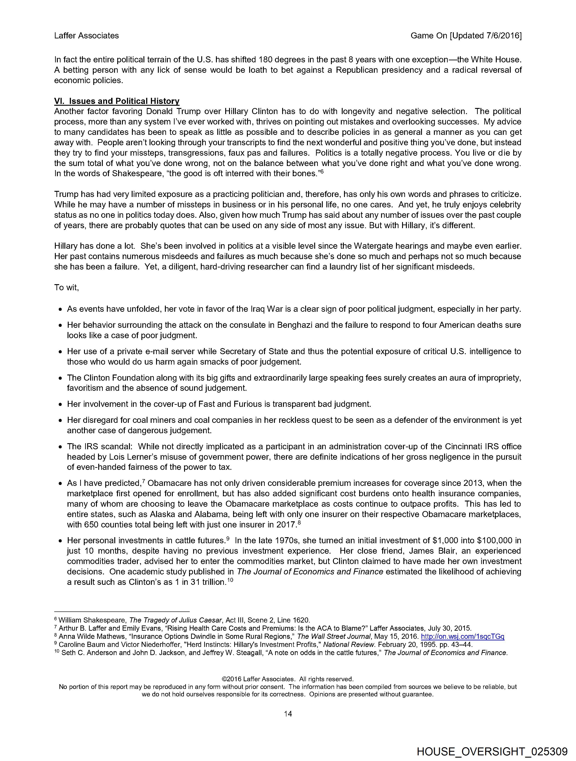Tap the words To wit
click(x=66, y=288)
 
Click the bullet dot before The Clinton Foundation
click(x=60, y=378)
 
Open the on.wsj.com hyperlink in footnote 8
click(x=462, y=637)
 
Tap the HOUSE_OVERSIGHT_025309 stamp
click(x=492, y=751)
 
